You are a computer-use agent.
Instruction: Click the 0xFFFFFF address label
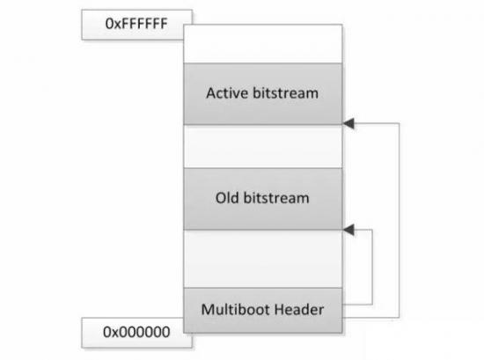point(136,24)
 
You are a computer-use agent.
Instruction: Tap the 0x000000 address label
point(136,332)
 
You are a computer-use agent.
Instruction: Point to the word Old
point(227,198)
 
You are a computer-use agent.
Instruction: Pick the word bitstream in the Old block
point(276,198)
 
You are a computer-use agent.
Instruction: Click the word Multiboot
point(236,309)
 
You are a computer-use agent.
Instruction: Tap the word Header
point(299,309)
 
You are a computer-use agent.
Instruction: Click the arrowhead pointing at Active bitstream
point(348,123)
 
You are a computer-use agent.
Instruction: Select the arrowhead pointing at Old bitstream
point(348,230)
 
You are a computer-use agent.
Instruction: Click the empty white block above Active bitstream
point(263,43)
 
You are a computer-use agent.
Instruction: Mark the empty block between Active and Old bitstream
point(263,146)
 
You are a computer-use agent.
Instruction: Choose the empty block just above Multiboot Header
point(263,259)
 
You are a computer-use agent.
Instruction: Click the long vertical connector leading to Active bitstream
point(400,220)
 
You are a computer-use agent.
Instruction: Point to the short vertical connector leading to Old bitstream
point(372,267)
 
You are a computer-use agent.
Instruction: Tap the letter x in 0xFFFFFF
point(118,25)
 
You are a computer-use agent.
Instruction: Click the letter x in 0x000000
point(115,333)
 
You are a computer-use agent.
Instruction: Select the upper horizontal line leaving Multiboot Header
point(357,305)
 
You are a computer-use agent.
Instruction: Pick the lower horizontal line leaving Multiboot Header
point(370,318)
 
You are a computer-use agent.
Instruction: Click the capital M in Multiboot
point(208,310)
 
